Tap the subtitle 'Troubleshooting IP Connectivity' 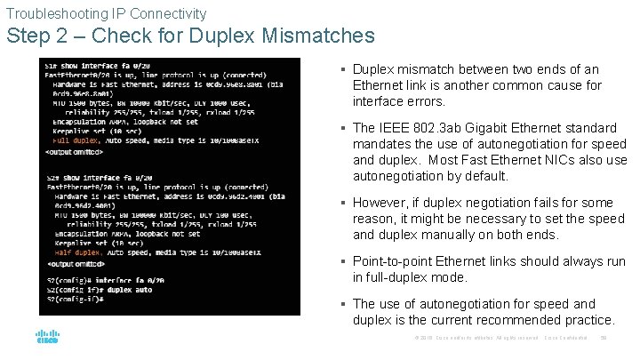point(106,13)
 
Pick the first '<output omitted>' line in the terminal point(77,152)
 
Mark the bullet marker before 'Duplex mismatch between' point(343,69)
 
